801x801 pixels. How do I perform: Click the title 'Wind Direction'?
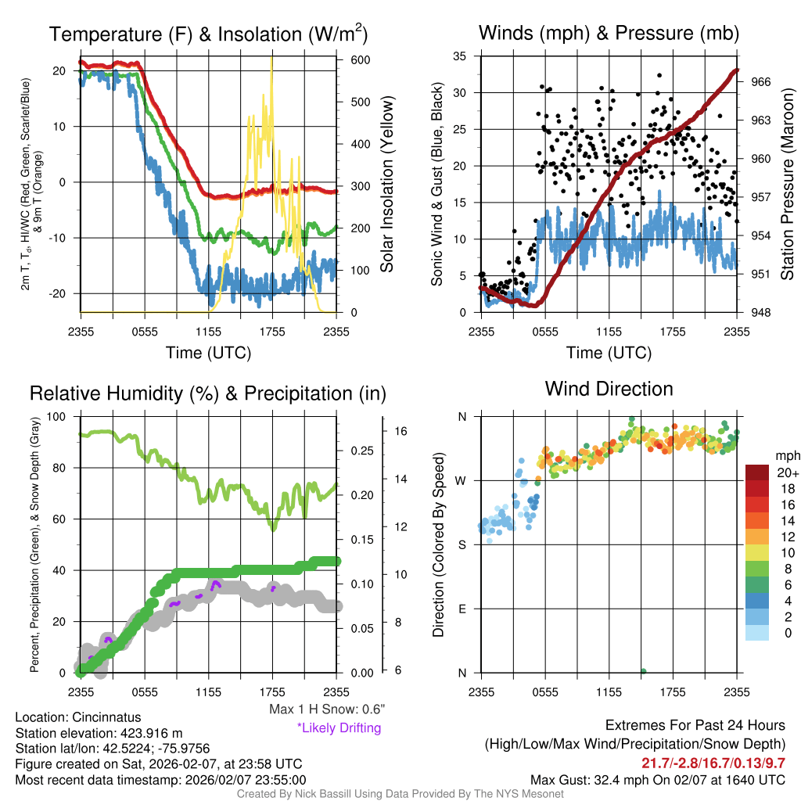coord(609,389)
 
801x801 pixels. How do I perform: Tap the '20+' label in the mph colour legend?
coord(786,472)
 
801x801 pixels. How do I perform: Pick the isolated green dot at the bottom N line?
coord(643,671)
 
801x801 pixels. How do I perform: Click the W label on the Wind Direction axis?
coord(462,480)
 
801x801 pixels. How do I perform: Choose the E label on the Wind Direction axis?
coord(462,609)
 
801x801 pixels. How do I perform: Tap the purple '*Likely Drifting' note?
coord(339,728)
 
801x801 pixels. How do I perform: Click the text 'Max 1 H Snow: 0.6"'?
coord(326,709)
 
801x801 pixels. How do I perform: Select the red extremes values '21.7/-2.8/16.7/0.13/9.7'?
coord(713,763)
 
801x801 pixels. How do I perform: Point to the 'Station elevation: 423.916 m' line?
coord(99,733)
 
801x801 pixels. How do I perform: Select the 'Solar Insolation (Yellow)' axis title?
coord(386,184)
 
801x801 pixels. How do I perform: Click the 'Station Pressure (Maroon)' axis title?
coord(788,184)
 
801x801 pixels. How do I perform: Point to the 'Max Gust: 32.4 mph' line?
coord(657,779)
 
